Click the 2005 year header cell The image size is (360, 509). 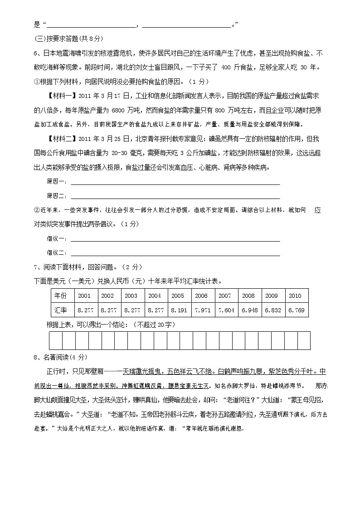178,296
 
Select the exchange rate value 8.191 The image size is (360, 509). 178,310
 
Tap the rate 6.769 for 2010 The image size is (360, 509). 296,310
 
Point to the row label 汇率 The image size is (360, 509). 61,310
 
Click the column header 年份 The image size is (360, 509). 61,296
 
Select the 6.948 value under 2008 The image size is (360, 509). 249,310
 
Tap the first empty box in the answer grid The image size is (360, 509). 55,340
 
